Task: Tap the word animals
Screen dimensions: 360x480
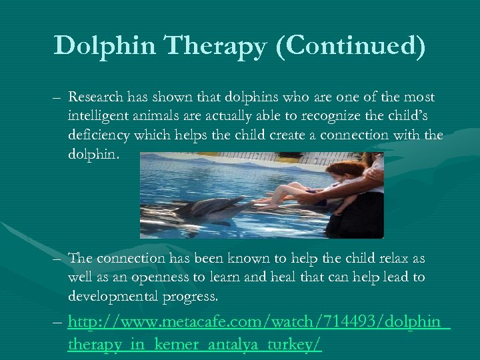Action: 162,115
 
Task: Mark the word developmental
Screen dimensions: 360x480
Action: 115,295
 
